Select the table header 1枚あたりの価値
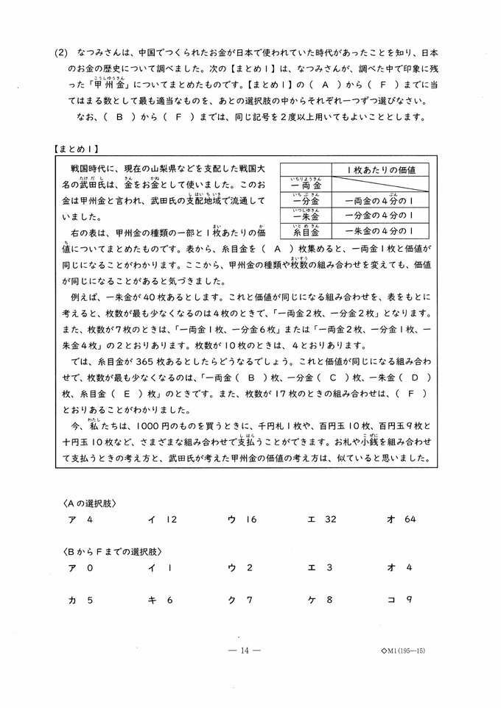click(x=380, y=170)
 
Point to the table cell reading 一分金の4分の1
click(x=380, y=216)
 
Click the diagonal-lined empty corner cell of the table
click(x=305, y=170)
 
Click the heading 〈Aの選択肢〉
click(x=89, y=503)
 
